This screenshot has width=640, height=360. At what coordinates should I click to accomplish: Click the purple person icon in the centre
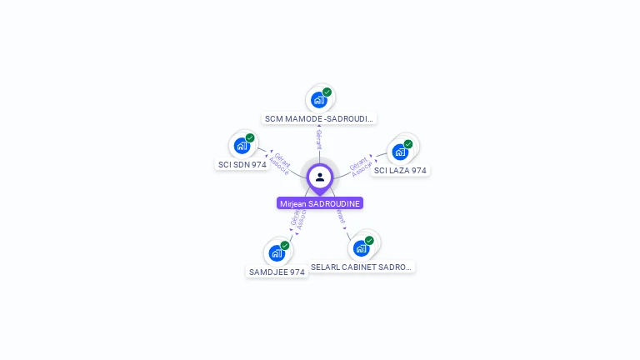click(x=320, y=177)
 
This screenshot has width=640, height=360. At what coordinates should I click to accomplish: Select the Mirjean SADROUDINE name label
click(x=320, y=203)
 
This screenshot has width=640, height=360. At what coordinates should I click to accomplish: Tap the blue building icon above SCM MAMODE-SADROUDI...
click(x=318, y=100)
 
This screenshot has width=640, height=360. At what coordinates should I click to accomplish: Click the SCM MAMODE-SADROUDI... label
click(x=320, y=119)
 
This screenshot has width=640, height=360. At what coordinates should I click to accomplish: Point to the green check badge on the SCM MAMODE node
click(x=327, y=92)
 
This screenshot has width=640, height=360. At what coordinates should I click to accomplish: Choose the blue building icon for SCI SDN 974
click(x=242, y=146)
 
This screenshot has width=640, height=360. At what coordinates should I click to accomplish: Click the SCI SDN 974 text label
click(x=242, y=165)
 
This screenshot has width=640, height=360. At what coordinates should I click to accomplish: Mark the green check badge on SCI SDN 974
click(x=250, y=137)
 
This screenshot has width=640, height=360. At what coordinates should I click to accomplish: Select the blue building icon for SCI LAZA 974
click(x=400, y=152)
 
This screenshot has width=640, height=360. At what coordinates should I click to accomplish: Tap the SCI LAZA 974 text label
click(x=400, y=171)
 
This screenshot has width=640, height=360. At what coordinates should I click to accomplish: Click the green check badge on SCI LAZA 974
click(x=408, y=143)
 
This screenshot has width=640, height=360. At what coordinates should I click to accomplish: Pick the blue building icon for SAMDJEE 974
click(x=277, y=253)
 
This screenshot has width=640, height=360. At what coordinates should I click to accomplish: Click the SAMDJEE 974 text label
click(x=277, y=272)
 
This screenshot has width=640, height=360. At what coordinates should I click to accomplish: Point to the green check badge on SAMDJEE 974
click(x=285, y=245)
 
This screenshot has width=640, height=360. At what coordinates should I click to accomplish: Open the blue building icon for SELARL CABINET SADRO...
click(x=361, y=248)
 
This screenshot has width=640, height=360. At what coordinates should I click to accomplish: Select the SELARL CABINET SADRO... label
click(x=362, y=267)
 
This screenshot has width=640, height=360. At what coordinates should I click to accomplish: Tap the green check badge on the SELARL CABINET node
click(x=369, y=240)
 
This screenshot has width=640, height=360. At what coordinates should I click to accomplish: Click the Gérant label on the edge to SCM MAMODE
click(x=319, y=139)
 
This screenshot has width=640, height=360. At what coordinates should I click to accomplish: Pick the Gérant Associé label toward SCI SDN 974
click(x=281, y=163)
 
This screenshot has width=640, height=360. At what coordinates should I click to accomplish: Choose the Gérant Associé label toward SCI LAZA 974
click(x=361, y=164)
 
